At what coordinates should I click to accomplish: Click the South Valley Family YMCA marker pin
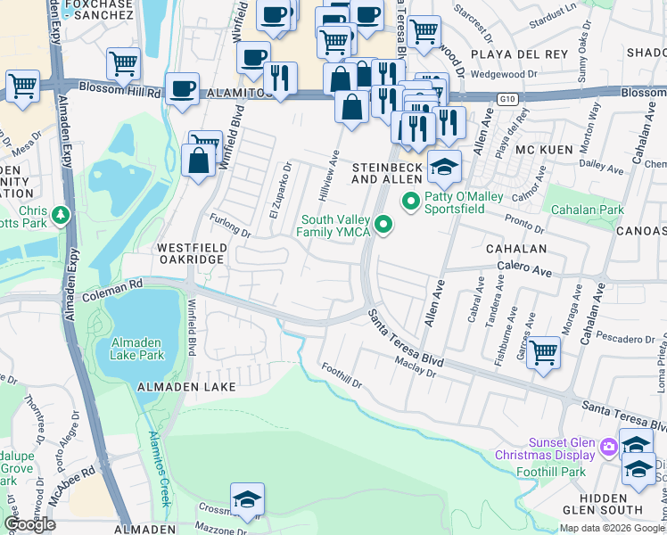click(383, 225)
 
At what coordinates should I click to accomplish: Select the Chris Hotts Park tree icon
click(60, 215)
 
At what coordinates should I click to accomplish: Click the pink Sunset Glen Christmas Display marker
click(609, 445)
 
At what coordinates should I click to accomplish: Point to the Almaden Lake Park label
click(137, 349)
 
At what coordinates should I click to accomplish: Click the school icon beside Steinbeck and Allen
click(443, 166)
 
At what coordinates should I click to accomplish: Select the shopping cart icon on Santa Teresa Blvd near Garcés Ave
click(542, 351)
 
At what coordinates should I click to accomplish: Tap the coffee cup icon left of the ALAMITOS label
click(182, 89)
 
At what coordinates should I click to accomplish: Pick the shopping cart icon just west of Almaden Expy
click(22, 87)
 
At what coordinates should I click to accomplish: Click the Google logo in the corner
click(29, 524)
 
